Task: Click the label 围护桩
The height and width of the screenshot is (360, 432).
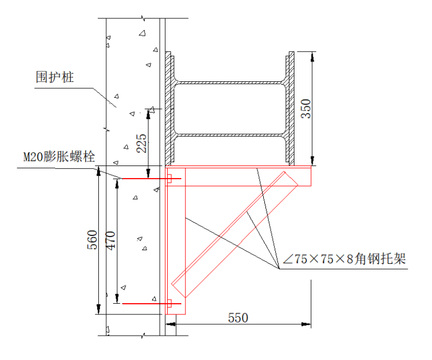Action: [x=55, y=78]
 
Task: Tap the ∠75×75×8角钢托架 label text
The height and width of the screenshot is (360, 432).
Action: [x=344, y=260]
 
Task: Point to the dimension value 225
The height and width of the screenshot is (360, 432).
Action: [x=142, y=143]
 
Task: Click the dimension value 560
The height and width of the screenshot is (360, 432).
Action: [x=92, y=240]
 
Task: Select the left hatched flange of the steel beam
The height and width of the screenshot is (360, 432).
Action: [x=168, y=108]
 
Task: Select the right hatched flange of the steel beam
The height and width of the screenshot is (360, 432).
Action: [x=291, y=108]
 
